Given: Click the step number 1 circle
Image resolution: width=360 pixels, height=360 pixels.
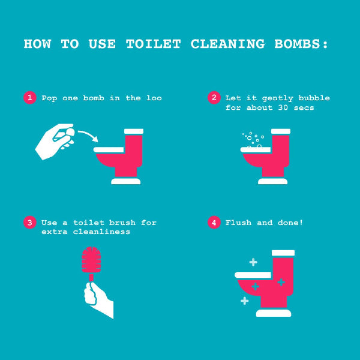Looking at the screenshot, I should pos(29,98).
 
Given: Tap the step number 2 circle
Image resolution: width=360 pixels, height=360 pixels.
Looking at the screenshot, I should pos(213,98).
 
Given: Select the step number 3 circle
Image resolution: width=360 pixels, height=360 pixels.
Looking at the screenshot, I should pos(29,223).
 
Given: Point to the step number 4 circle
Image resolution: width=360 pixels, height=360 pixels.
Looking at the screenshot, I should pos(213,223).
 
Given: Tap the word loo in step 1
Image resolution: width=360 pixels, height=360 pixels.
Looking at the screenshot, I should pos(154,98).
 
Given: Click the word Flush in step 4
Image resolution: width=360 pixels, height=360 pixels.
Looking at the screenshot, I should pos(238,223).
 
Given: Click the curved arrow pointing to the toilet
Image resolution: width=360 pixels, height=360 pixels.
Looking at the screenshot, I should pos(88,134).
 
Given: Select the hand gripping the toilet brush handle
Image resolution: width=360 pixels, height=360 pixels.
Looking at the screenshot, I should pos(98,298).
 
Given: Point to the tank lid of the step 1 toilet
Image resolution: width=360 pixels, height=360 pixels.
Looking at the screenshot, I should pos(133,131).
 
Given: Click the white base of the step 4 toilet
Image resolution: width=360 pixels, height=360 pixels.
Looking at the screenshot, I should pos(273,313).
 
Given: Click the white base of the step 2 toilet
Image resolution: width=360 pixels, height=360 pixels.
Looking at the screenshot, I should pos(272,181).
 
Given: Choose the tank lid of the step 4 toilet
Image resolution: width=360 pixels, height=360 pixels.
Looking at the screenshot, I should pos(283,253).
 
